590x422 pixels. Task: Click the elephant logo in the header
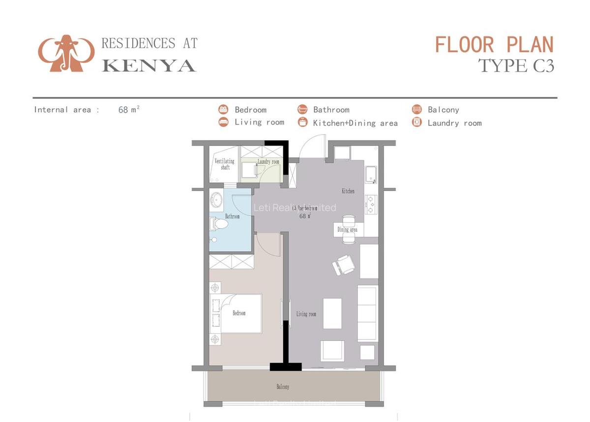tap(66, 53)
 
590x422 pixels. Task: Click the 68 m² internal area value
tap(129, 110)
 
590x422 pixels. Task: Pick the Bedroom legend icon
tap(224, 109)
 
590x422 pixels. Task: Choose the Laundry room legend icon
tap(417, 122)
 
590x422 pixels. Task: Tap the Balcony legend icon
tap(417, 109)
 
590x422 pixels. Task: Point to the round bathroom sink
tap(216, 200)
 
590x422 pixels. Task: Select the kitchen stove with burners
tap(371, 204)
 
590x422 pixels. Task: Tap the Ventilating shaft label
tap(225, 164)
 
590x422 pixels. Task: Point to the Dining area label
tap(347, 229)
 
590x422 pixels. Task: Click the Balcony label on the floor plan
tap(283, 387)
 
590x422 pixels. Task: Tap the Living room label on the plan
tap(306, 314)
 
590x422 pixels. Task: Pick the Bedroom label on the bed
tap(239, 313)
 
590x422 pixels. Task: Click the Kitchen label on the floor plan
tap(348, 191)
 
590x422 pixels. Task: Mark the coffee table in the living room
tap(332, 313)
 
